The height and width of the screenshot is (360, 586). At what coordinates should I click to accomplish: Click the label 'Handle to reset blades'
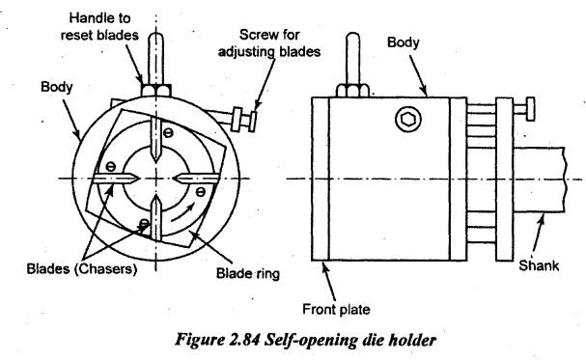tap(99, 26)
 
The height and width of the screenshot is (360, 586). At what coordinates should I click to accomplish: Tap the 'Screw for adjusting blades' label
tap(269, 42)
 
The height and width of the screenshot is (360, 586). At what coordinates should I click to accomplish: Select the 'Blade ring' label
tap(248, 273)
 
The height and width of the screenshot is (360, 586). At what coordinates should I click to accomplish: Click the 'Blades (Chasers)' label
tap(82, 269)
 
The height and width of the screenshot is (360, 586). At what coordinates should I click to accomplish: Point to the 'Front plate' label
tap(336, 309)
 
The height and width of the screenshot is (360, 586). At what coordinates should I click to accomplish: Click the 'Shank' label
tap(539, 265)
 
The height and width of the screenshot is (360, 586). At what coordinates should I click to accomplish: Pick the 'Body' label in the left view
tap(56, 87)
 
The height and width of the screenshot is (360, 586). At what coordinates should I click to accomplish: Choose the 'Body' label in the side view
tap(404, 42)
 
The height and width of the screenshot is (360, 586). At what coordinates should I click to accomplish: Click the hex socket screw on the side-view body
tap(408, 119)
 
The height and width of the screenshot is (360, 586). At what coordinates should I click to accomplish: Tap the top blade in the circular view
tap(156, 139)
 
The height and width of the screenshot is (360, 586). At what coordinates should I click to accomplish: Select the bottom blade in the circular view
tap(156, 219)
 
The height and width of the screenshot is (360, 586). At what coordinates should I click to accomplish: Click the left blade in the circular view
tap(116, 179)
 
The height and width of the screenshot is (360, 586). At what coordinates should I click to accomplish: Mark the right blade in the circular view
tap(195, 179)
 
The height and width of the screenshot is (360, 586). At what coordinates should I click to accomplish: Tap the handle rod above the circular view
tap(155, 59)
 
